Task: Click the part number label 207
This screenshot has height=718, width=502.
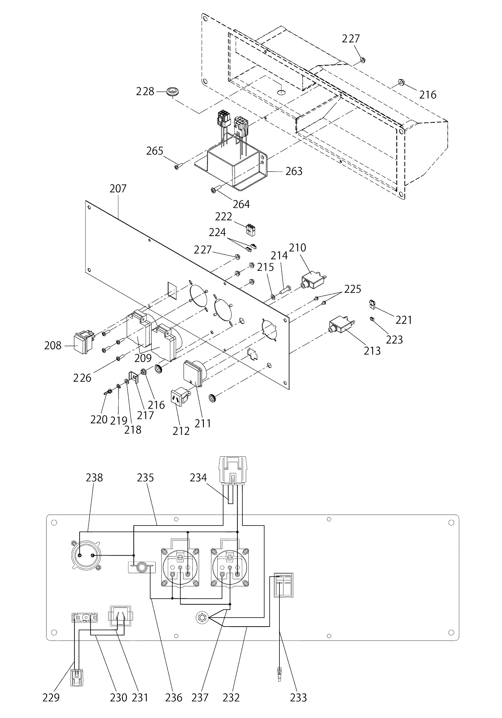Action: [118, 188]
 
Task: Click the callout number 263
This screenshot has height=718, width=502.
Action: [294, 171]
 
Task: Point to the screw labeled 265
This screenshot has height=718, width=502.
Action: [177, 167]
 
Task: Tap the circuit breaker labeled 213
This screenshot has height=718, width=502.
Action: [341, 327]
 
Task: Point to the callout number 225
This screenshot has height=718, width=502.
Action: [353, 289]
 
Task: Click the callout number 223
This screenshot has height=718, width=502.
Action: [394, 340]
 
